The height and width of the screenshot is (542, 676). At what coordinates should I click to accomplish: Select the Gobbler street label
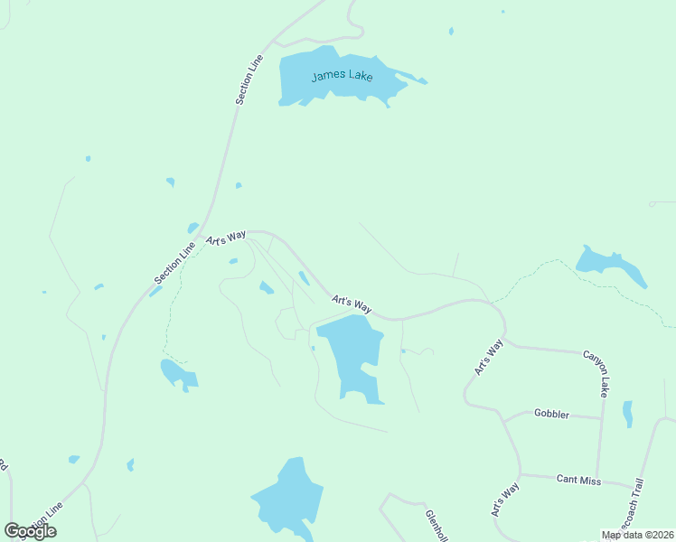pos(551,414)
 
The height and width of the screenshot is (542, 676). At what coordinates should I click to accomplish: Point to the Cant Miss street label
pos(578,481)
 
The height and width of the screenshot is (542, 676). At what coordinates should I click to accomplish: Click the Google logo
pos(30,531)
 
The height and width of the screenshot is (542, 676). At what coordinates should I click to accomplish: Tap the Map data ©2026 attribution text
pos(638,535)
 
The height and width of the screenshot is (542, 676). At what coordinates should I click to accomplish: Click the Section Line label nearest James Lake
pos(250,79)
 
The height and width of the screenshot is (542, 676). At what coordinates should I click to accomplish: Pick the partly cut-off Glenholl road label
pos(437,525)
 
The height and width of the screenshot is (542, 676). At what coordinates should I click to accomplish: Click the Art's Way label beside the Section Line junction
pos(226,238)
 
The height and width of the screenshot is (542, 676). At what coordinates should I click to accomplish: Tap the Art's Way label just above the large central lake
pos(352,304)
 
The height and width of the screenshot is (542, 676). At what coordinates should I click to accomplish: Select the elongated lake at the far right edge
pos(612,266)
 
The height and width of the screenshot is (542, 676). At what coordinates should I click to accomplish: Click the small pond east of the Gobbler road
pos(627,413)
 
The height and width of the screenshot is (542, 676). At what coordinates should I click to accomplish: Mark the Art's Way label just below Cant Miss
pos(505,500)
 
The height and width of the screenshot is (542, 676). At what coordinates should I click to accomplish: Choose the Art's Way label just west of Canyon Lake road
pos(488,358)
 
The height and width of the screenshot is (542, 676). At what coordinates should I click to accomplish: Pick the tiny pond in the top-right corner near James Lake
pos(451,32)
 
